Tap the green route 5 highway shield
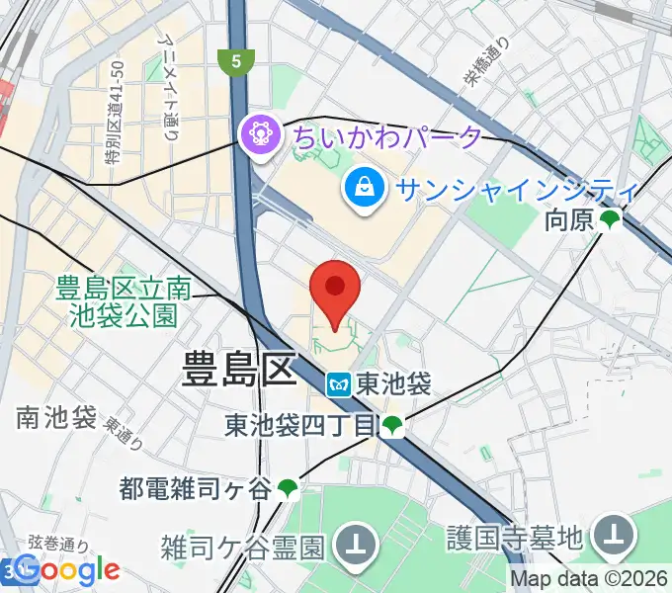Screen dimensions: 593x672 click(x=234, y=61)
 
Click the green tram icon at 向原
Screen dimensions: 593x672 click(x=612, y=221)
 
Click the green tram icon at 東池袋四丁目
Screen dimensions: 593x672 click(x=394, y=427)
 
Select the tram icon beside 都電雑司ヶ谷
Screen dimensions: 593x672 click(x=287, y=487)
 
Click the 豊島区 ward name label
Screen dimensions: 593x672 click(x=239, y=372)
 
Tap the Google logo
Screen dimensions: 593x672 click(x=67, y=569)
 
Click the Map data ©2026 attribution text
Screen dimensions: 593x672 click(x=589, y=580)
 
